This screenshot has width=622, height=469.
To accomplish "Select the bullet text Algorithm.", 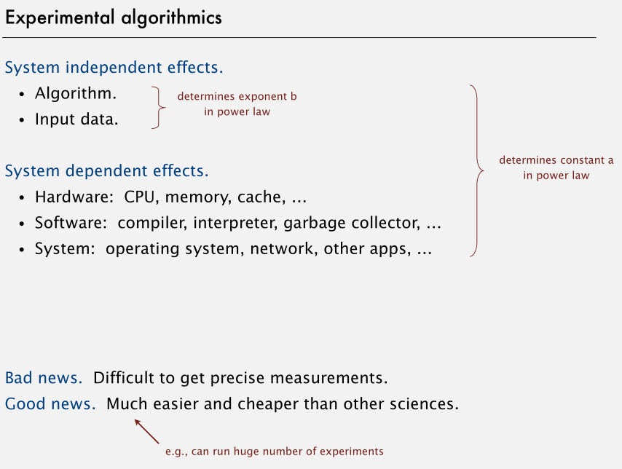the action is click(x=76, y=94).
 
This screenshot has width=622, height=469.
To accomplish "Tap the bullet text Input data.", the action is click(x=76, y=119).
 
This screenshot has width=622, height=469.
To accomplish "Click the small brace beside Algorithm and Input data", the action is click(x=159, y=108).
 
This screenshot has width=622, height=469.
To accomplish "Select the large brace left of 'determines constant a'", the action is click(x=476, y=171).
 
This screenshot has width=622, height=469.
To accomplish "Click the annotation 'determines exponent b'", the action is click(x=237, y=96).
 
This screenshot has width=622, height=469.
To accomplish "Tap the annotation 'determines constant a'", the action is click(x=556, y=160).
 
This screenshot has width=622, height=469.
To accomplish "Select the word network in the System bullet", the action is click(x=278, y=248).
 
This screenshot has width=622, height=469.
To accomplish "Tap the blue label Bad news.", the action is click(x=44, y=378).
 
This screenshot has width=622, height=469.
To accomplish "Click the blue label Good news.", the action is click(x=50, y=403).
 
